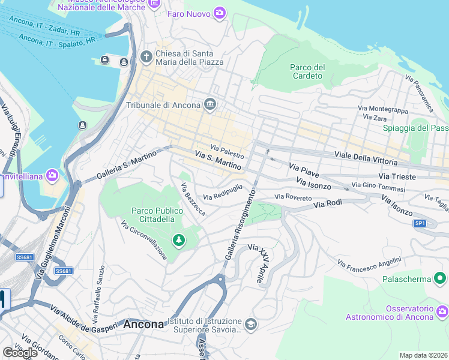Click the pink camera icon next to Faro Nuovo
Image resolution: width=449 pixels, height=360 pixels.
click(x=220, y=13)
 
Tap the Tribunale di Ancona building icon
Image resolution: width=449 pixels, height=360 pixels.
click(x=210, y=105)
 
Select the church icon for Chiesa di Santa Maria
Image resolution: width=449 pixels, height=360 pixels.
click(x=146, y=57)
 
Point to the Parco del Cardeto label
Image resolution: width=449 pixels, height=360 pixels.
click(x=307, y=71)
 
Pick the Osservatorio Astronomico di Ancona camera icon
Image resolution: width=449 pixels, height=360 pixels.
click(x=442, y=311)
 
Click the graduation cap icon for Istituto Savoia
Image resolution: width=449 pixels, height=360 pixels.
click(x=251, y=325)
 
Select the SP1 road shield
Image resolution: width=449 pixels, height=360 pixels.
click(x=420, y=223)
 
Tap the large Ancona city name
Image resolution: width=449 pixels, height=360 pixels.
click(x=143, y=325)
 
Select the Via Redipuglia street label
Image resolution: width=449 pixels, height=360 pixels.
click(x=223, y=192)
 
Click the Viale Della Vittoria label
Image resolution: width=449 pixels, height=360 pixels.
click(x=366, y=158)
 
